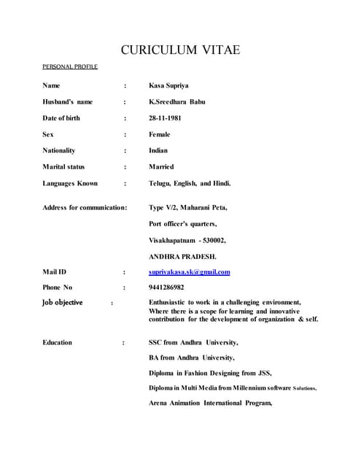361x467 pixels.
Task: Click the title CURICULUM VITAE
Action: tap(180, 50)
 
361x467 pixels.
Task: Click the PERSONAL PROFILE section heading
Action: tap(70, 67)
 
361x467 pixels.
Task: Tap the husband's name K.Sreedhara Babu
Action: tap(176, 101)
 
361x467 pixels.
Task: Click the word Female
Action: tap(159, 134)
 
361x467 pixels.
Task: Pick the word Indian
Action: tap(158, 150)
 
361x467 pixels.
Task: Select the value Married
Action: tap(161, 167)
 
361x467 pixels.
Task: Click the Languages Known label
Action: tap(70, 183)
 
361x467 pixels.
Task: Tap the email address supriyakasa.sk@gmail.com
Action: tap(190, 272)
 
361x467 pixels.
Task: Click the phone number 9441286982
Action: tap(166, 287)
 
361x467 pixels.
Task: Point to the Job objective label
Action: tap(63, 302)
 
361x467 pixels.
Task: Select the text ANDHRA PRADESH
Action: tap(182, 256)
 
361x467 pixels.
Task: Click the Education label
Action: tap(58, 341)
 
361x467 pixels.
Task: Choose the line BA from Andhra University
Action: tap(191, 358)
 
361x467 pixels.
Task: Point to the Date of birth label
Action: tap(61, 118)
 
